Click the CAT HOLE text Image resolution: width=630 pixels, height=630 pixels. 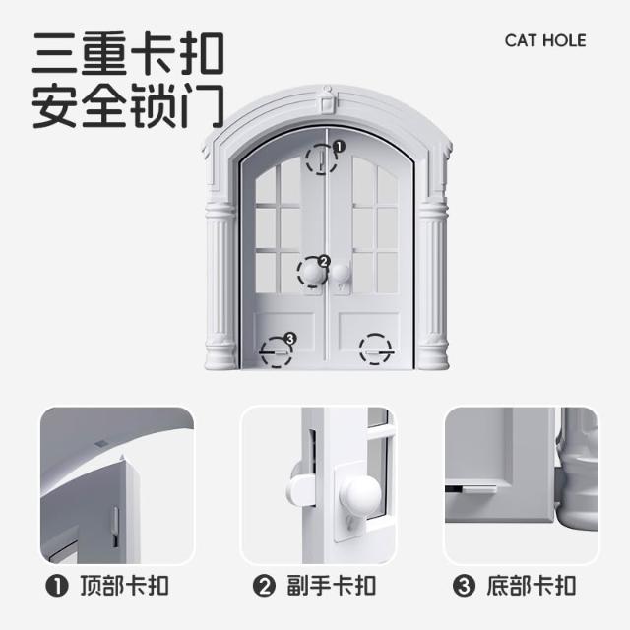point(545,40)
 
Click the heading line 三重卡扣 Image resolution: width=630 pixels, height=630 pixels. point(128,53)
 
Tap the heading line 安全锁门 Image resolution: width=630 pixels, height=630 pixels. point(128,105)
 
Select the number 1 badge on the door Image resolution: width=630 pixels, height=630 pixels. point(340,147)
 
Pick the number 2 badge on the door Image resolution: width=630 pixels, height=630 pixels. point(324,262)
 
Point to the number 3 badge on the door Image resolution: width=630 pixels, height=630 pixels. point(289,339)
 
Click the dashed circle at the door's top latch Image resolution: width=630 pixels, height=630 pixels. point(322,159)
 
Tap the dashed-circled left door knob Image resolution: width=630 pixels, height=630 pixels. point(313,273)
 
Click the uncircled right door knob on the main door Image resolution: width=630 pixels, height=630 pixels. point(341,273)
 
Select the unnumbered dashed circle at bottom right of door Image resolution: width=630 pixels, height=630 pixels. point(375,349)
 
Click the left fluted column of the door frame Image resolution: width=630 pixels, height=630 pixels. point(220,284)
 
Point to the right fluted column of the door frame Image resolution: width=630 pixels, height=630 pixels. point(433,284)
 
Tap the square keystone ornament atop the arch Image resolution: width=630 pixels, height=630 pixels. point(326,102)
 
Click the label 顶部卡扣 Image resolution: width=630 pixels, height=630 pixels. point(125,586)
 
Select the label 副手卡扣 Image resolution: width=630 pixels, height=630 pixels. point(332,586)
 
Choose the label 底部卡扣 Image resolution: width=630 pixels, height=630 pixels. point(532,586)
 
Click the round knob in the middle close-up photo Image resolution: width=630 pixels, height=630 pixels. point(360,494)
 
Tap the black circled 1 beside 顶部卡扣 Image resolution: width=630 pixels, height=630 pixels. point(57,586)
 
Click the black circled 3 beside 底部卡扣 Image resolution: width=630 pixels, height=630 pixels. point(464,586)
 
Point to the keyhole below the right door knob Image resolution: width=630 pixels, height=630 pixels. point(342,287)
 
